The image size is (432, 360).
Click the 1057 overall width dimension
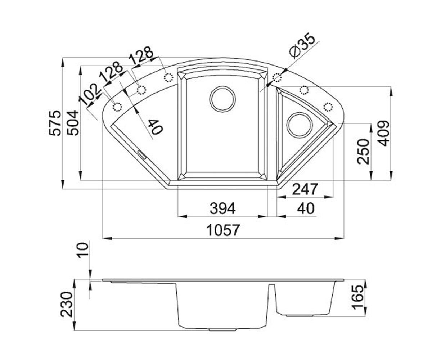tap(223, 230)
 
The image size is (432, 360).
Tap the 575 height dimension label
tap(55, 123)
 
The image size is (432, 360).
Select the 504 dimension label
tap(73, 123)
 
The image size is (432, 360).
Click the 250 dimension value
tap(363, 152)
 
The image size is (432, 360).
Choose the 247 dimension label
tap(305, 189)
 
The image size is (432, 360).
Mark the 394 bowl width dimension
tap(222, 208)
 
